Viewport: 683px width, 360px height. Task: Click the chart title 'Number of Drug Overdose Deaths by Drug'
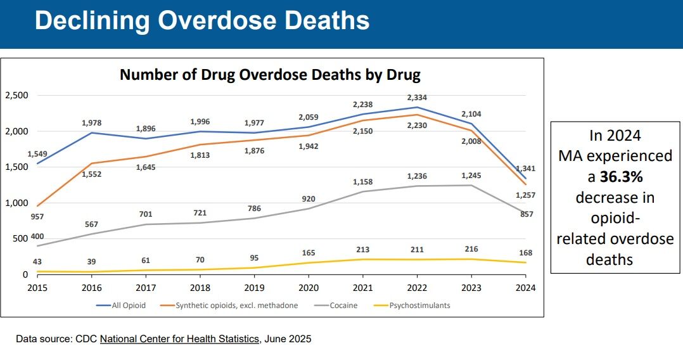click(x=270, y=75)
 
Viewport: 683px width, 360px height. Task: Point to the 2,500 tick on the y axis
click(x=16, y=96)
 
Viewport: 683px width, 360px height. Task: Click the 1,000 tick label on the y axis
click(x=16, y=203)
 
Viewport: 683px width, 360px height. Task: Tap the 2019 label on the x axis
click(x=254, y=288)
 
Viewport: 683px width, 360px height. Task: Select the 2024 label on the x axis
click(x=525, y=288)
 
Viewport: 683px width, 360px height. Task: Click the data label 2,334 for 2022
click(x=417, y=98)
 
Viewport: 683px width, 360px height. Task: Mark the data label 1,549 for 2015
click(x=37, y=154)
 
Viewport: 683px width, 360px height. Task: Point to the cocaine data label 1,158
click(x=362, y=183)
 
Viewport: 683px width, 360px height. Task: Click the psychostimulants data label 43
click(x=37, y=262)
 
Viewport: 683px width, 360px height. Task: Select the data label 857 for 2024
click(x=526, y=214)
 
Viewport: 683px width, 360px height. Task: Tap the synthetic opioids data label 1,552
click(x=92, y=174)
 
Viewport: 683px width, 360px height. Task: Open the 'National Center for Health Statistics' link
click(x=179, y=339)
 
